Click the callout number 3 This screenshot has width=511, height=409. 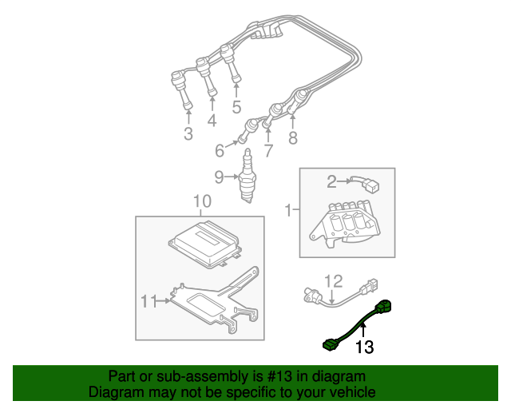point(188,134)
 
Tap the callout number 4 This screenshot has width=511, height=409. point(212,121)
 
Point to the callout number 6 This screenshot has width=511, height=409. point(220,149)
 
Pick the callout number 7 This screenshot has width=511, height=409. point(268,149)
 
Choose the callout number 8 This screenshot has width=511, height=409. point(293,138)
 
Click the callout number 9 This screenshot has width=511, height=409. point(219,177)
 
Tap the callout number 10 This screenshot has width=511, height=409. point(201,201)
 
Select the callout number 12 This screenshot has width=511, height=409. point(333,280)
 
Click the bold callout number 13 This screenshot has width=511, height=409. point(364,347)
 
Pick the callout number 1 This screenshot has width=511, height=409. point(289,211)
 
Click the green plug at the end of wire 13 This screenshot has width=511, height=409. point(329,344)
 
